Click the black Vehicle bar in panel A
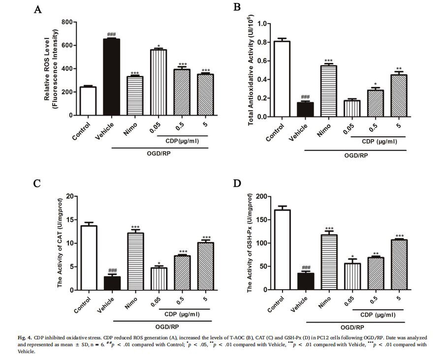click(x=111, y=77)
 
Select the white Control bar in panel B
click(x=282, y=79)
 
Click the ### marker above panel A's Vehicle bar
click(x=111, y=35)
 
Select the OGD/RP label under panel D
click(x=351, y=327)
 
